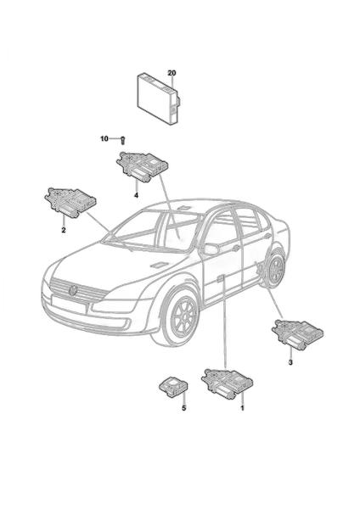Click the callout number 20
tap(172, 73)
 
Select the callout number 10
tap(104, 139)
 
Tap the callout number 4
tap(137, 195)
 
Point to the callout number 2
tap(64, 230)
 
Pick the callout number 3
tap(290, 362)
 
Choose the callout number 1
tap(242, 407)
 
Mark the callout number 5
tap(184, 408)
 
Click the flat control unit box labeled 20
tap(159, 99)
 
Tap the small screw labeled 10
tap(123, 141)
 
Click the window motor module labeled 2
tap(70, 201)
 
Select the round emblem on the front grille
tap(73, 290)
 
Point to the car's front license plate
tap(69, 304)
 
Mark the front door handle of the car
tap(222, 277)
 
